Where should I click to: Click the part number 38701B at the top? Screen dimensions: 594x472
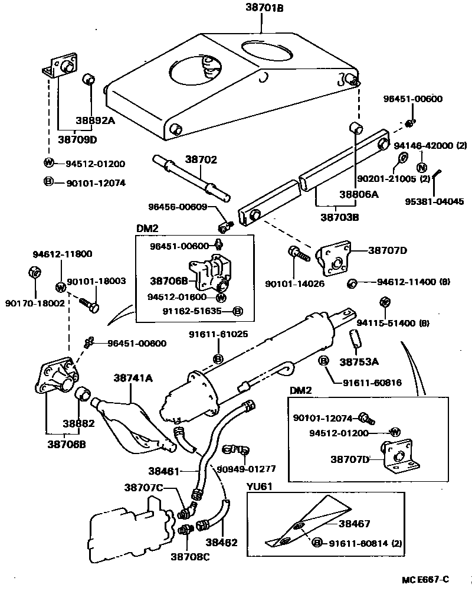point(260,8)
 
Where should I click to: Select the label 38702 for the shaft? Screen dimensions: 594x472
point(202,159)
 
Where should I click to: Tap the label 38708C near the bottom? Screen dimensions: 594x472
point(191,556)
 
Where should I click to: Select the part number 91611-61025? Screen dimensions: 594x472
point(218,334)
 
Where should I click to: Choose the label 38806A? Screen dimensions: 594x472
point(358,194)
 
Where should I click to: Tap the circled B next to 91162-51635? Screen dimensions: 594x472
point(237,311)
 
